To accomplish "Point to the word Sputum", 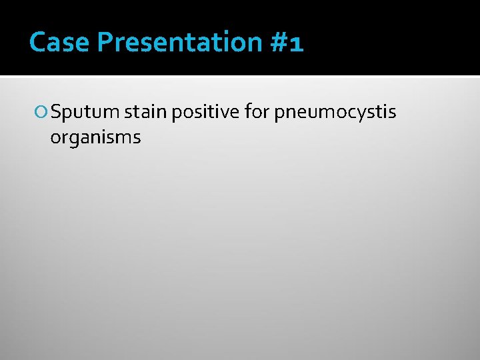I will (x=85, y=113).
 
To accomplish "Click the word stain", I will (x=145, y=113).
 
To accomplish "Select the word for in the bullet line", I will (x=256, y=113).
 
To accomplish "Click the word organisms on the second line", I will (x=95, y=138).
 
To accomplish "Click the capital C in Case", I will (x=39, y=43).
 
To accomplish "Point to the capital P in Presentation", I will (x=105, y=43).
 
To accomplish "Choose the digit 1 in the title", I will (x=297, y=44).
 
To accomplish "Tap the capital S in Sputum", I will (x=56, y=113).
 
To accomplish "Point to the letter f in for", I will (x=248, y=112).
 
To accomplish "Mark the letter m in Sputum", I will (x=110, y=114).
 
